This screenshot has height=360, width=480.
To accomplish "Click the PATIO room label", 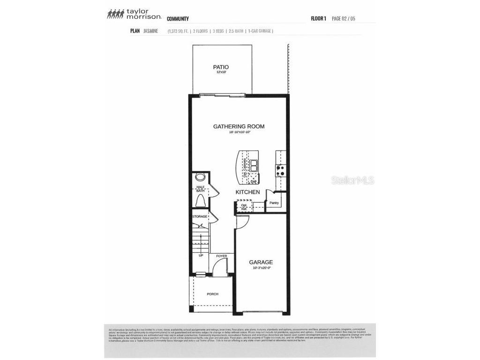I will tap(221, 67).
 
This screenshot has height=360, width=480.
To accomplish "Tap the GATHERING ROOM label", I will tap(239, 126).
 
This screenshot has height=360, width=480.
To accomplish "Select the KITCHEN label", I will tap(247, 192).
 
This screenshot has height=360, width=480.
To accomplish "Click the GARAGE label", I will tap(261, 262).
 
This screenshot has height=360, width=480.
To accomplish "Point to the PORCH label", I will tap(213, 294).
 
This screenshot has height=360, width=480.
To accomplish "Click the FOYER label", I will tap(221, 256).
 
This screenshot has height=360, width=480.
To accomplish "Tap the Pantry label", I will tap(274, 203).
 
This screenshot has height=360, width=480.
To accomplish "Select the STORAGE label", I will tap(200, 217).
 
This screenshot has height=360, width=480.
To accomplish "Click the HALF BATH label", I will tap(201, 189).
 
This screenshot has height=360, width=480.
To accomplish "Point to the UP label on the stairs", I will tap(201, 256).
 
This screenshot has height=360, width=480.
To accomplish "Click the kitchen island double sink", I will tap(253, 165).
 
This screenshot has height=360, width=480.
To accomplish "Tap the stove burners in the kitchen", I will tap(281, 170).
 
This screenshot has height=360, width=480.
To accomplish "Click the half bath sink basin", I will tap(201, 178).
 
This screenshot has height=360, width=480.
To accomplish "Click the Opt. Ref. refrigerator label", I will tap(244, 207).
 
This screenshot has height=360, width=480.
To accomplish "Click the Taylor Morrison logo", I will tap(134, 14).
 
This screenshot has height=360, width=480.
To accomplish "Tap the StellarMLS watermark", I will tap(353, 180).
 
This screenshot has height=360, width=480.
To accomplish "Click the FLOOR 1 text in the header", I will tap(318, 19).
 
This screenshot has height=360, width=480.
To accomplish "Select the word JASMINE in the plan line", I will tap(151, 31).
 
